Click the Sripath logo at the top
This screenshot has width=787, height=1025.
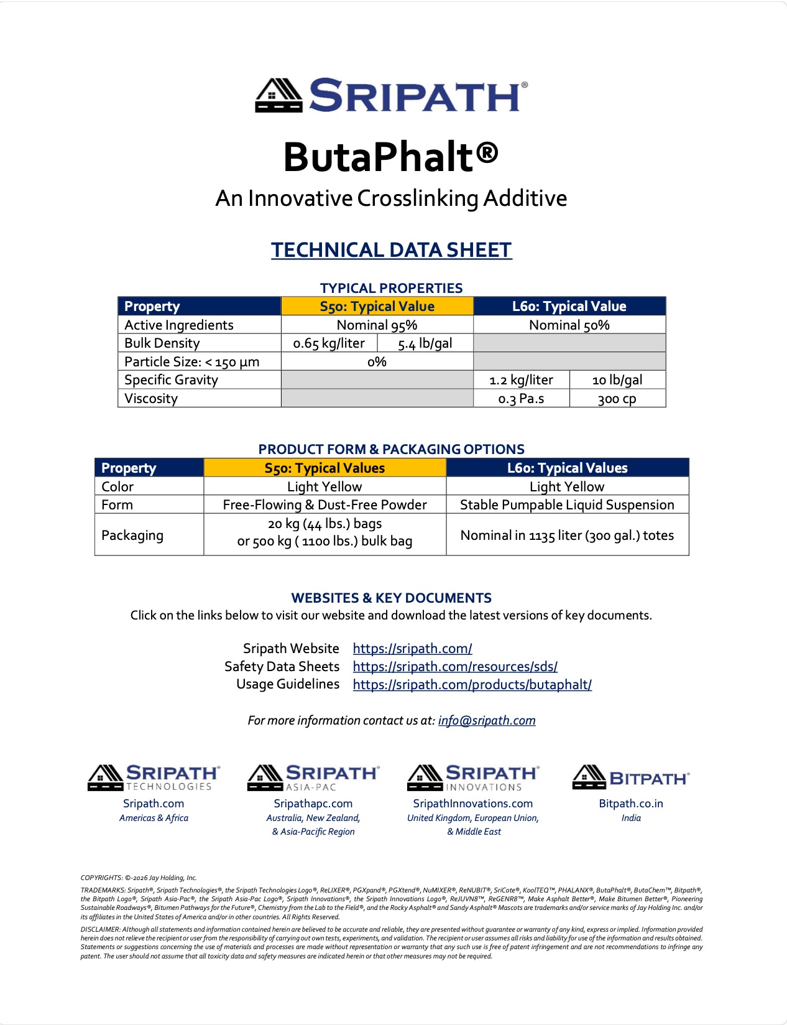(392, 95)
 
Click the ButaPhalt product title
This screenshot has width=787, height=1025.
(391, 157)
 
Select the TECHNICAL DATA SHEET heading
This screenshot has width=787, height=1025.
(391, 250)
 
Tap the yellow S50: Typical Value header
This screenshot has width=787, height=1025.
(377, 306)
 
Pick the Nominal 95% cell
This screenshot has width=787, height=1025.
(377, 325)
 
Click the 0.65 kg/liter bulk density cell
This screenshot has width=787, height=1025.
(329, 343)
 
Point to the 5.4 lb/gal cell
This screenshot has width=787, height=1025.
(425, 343)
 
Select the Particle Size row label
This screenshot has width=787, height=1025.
(191, 362)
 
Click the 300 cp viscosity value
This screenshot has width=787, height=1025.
(617, 399)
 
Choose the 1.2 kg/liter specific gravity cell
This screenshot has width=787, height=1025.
(521, 380)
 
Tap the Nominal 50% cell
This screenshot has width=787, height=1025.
(569, 325)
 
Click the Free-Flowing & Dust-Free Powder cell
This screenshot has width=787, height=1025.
(324, 504)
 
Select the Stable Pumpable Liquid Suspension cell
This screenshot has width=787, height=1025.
(567, 504)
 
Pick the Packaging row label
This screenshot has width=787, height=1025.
(132, 535)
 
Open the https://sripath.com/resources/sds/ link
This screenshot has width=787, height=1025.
(455, 667)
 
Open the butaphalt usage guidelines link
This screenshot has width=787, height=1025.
(472, 685)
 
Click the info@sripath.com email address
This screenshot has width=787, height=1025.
(487, 720)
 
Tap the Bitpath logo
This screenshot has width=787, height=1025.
(630, 777)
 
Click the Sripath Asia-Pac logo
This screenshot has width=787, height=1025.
(313, 777)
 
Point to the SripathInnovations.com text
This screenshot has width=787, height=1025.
(472, 804)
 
